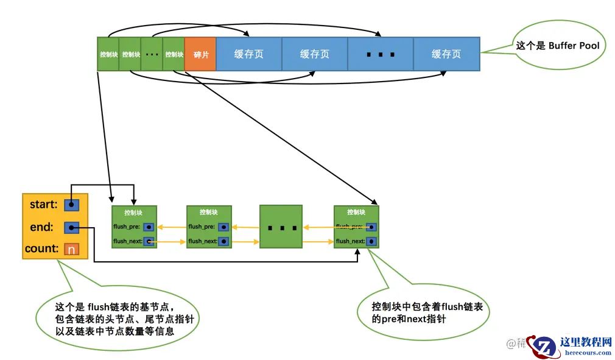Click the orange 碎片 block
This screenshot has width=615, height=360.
[200, 54]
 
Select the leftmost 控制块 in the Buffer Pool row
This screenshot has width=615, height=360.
[108, 54]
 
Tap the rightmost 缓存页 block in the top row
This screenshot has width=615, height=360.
[446, 54]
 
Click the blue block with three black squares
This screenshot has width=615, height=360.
[381, 54]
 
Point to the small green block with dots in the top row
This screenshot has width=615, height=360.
[152, 54]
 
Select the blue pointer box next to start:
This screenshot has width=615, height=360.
[71, 205]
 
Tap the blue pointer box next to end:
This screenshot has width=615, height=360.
[71, 228]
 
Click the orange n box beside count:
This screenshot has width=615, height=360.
[71, 249]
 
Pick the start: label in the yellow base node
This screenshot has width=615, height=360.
[43, 205]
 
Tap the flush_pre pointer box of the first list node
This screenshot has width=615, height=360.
[149, 227]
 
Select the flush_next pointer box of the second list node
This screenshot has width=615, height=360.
[223, 241]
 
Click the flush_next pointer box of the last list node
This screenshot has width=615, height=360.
[371, 241]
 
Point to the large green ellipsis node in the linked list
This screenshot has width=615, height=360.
[281, 227]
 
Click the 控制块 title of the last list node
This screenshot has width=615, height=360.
[356, 213]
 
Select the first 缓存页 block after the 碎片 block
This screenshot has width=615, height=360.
[249, 54]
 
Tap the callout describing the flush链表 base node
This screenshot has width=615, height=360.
[116, 319]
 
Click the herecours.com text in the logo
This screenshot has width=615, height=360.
[588, 352]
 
